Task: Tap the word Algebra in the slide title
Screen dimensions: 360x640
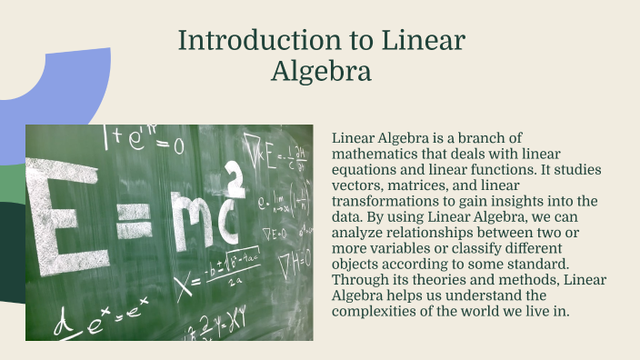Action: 321,71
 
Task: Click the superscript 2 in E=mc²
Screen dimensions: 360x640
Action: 234,180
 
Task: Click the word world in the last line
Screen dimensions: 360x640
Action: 505,311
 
